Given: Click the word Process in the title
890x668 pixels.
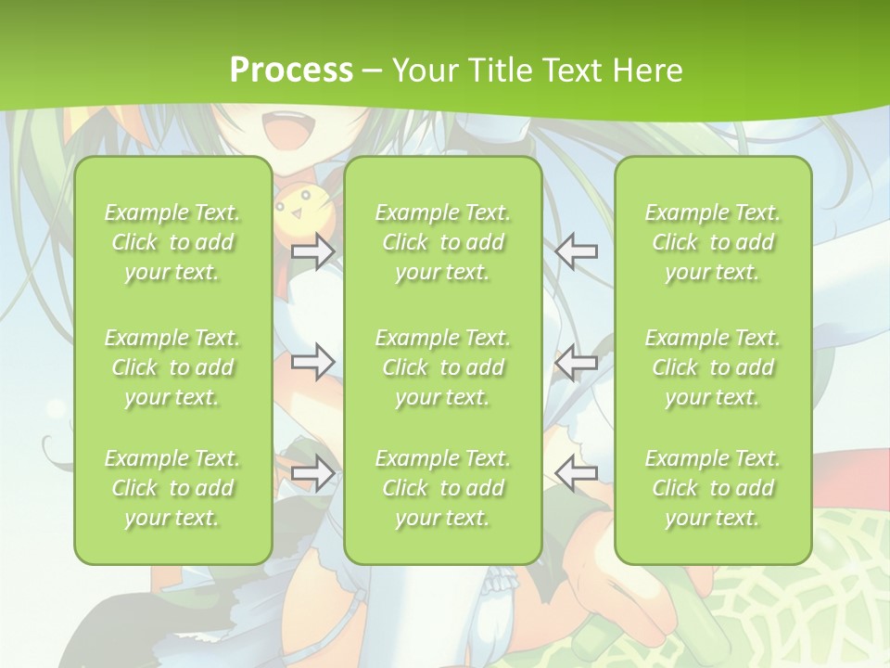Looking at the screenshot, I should tap(291, 71).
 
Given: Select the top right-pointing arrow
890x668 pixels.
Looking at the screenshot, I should tap(313, 250).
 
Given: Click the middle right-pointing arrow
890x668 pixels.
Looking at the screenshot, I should tap(313, 362).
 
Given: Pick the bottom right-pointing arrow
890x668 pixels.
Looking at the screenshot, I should tap(313, 473).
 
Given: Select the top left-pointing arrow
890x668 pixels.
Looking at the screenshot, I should tap(577, 250).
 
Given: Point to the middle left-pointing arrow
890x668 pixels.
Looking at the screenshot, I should tap(577, 362).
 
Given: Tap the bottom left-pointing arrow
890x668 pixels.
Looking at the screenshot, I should tap(577, 473).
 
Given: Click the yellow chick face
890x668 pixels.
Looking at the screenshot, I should tap(292, 210).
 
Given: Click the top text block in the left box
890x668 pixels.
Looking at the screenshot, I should tap(172, 242).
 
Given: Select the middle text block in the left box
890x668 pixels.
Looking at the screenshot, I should tap(172, 367).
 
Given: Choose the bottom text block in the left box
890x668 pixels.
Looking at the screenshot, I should tap(172, 488).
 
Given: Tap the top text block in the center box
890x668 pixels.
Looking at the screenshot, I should tap(443, 242).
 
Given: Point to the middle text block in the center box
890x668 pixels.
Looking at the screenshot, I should tap(443, 367).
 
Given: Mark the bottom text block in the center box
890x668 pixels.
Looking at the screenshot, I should tap(443, 488).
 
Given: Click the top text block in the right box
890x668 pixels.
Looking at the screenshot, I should tap(713, 242).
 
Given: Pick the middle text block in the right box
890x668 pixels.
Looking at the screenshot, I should tap(713, 367).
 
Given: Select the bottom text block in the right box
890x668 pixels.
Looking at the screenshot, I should tap(713, 488).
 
